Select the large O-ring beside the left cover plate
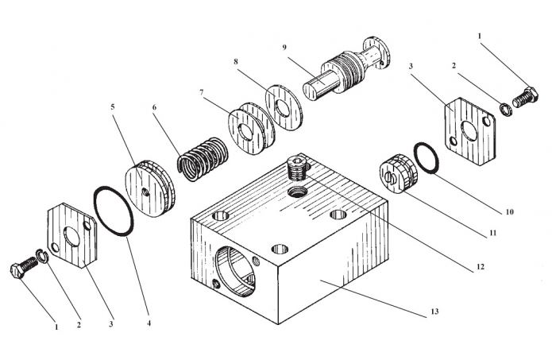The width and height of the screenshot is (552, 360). [x=114, y=212]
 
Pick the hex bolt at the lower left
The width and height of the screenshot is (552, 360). [x=21, y=270]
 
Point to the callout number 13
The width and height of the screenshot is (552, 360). [x=434, y=312]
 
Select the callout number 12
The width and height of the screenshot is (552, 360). [x=479, y=268]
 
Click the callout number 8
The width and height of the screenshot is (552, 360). [x=236, y=60]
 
